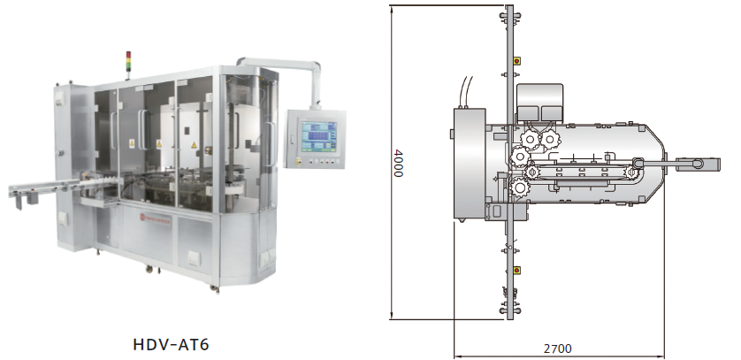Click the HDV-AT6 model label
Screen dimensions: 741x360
click(171, 344)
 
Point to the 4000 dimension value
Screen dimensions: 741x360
click(398, 163)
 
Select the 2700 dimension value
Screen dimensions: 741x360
click(558, 349)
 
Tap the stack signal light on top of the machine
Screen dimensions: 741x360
click(128, 61)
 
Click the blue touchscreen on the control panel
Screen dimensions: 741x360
click(319, 137)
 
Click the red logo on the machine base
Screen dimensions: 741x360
click(141, 217)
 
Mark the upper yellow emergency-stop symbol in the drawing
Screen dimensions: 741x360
click(516, 60)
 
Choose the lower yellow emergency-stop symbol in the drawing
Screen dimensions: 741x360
click(516, 271)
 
